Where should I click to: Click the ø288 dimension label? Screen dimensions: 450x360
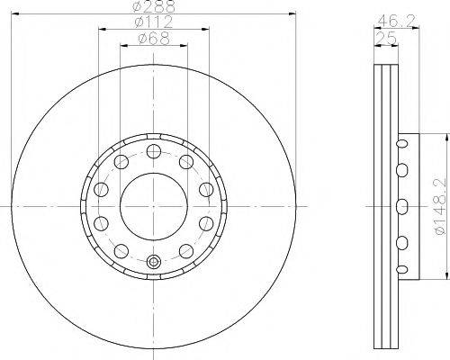pos(154,6)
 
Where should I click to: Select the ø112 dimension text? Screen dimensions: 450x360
pos(154,22)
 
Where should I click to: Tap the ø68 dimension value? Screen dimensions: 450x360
pos(154,39)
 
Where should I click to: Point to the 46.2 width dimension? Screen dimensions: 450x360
pos(396,21)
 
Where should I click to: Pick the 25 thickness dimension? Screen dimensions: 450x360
pos(386,39)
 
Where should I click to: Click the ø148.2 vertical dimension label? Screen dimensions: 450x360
pos(440,207)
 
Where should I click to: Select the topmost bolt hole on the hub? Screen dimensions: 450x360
pos(154,151)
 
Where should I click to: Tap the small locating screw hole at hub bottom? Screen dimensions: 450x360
pos(154,262)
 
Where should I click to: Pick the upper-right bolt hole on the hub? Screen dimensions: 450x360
pos(186,162)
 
